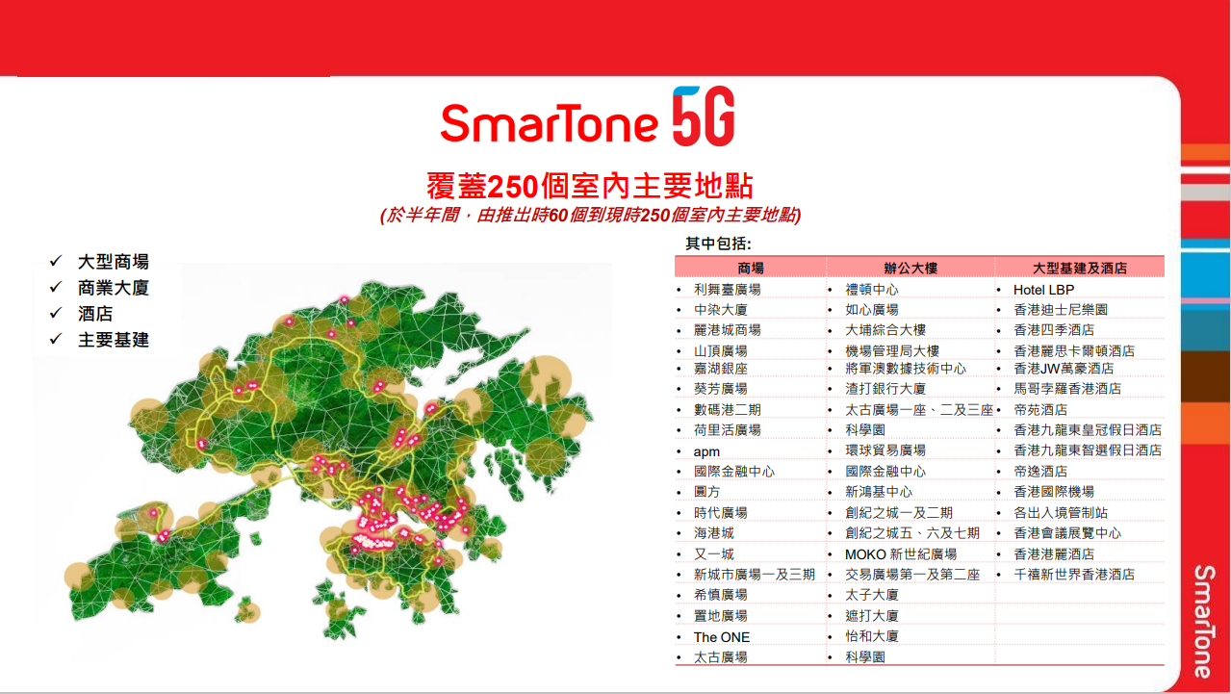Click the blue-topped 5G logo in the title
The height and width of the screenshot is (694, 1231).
tap(704, 116)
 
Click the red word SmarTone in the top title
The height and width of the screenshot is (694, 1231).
tap(550, 123)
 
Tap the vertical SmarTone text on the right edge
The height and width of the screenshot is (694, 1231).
tap(1204, 622)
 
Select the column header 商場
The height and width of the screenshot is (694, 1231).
tap(751, 269)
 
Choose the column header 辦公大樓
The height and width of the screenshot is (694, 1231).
tap(910, 269)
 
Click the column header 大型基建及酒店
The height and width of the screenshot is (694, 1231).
tap(1080, 269)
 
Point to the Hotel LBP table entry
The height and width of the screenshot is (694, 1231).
tap(1043, 290)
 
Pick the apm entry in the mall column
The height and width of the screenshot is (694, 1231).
tap(706, 451)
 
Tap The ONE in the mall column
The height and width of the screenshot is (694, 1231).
tap(722, 637)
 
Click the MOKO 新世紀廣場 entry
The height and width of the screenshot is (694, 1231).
tap(901, 553)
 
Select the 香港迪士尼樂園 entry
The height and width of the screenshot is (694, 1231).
tap(1061, 310)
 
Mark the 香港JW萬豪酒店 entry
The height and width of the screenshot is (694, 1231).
tap(1064, 368)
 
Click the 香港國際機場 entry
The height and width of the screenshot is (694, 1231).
tap(1054, 492)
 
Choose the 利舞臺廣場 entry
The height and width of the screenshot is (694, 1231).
tap(727, 290)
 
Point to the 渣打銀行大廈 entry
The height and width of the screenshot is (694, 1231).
tap(885, 389)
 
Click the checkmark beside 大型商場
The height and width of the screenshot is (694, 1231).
tap(56, 261)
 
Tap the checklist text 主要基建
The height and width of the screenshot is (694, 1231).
tap(114, 340)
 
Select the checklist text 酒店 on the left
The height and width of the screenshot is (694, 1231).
tap(95, 314)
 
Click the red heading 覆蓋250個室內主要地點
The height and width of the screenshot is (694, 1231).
tap(590, 186)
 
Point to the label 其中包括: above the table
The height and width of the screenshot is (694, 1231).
tap(718, 244)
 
